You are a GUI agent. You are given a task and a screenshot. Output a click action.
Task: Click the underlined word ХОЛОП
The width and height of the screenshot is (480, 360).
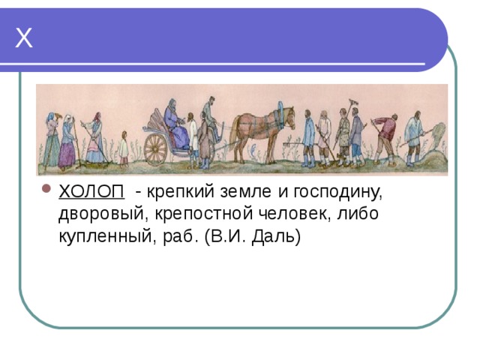click(x=91, y=192)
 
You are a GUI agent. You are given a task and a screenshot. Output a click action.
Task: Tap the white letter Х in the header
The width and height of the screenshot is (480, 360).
click(x=23, y=38)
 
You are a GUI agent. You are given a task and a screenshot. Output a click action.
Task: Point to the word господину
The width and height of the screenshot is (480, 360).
click(x=338, y=193)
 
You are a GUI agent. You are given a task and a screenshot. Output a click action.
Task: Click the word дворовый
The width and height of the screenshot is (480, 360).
click(x=100, y=214)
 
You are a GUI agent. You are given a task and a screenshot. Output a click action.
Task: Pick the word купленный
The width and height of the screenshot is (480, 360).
click(x=105, y=237)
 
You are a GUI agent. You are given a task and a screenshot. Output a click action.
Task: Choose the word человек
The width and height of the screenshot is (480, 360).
click(x=295, y=214)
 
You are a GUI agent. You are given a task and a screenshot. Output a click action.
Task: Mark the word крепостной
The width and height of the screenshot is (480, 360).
click(x=203, y=214)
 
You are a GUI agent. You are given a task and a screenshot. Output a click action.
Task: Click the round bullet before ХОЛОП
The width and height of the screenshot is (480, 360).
click(x=46, y=188)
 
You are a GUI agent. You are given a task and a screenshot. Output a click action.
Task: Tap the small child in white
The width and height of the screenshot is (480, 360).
click(x=124, y=148)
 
